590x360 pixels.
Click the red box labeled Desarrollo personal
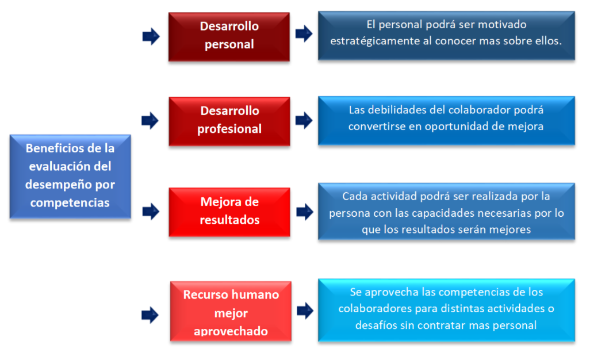(x=229, y=36)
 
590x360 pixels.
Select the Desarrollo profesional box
(x=229, y=121)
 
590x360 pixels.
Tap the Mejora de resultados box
(x=229, y=212)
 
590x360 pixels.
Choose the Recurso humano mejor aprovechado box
(x=231, y=312)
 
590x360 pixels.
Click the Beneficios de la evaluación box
(x=70, y=177)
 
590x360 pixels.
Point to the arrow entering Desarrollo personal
(x=151, y=36)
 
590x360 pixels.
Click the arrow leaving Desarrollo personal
(x=304, y=34)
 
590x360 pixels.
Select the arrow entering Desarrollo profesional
(x=150, y=121)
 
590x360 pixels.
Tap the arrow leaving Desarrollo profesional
(x=304, y=120)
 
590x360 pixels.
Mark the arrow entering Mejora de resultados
(x=151, y=212)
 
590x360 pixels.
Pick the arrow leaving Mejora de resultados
(x=305, y=212)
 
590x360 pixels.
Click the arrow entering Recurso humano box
(x=150, y=315)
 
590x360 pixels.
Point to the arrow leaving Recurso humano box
(x=305, y=311)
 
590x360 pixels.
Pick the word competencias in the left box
(x=70, y=203)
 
